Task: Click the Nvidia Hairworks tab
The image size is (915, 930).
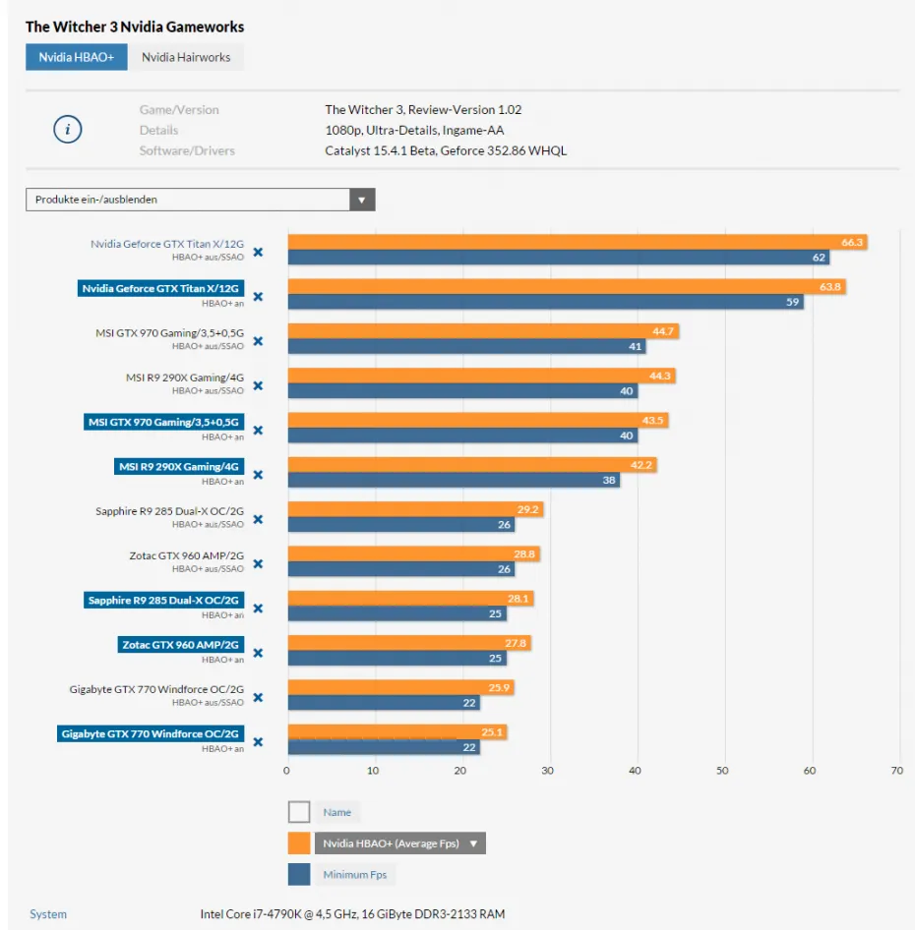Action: click(x=185, y=57)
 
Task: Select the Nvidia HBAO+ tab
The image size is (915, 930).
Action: click(x=76, y=57)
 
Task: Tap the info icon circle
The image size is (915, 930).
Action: click(x=67, y=130)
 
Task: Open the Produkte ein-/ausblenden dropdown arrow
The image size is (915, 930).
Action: click(x=362, y=200)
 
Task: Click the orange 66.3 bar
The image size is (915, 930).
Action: click(x=577, y=243)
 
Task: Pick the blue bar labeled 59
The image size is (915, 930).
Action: click(x=545, y=303)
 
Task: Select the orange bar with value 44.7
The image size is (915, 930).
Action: click(x=482, y=331)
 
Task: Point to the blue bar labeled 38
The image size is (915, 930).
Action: click(x=453, y=481)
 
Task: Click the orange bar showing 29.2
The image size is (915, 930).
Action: click(x=414, y=509)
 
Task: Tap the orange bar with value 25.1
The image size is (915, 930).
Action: click(x=396, y=732)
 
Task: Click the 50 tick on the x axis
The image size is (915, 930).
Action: click(x=723, y=771)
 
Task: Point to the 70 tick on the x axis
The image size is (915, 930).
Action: click(x=896, y=771)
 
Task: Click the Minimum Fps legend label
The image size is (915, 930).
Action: click(x=355, y=874)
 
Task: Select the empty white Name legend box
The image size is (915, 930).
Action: click(x=299, y=812)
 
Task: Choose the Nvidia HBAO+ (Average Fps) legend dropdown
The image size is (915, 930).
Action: click(x=399, y=843)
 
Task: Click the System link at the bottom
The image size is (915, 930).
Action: click(x=48, y=914)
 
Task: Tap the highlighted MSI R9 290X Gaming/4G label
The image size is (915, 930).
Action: click(x=178, y=467)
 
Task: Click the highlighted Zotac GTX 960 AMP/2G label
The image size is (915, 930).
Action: click(x=179, y=645)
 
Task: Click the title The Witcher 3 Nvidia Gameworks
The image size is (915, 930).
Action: click(x=135, y=27)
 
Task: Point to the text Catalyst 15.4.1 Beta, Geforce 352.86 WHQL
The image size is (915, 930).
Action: click(x=446, y=150)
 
